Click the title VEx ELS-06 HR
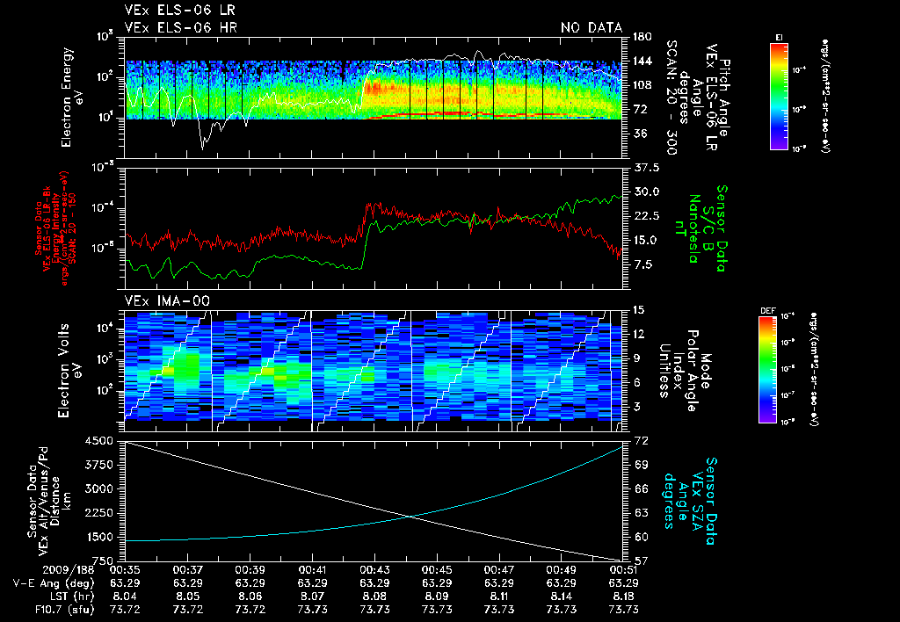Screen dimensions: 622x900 180,28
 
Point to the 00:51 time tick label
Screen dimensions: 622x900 623,569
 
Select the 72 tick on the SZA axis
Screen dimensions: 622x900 641,438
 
